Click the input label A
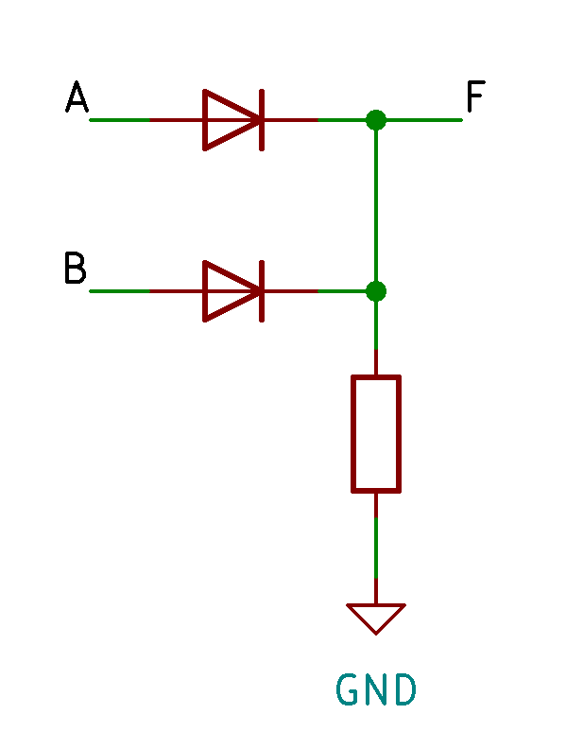coord(77,96)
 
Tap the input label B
coord(76,268)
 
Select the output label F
coord(476,96)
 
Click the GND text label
coord(376,689)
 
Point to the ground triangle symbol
coord(376,618)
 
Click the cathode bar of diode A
coord(262,120)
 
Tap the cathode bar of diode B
coord(262,291)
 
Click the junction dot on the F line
coord(376,120)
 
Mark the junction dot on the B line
coord(376,291)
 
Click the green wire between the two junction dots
coord(376,205)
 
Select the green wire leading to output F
coord(424,120)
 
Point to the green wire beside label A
coord(120,120)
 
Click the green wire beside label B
coord(120,291)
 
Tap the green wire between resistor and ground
coord(376,548)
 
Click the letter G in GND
coord(347,689)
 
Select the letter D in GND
coord(405,689)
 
